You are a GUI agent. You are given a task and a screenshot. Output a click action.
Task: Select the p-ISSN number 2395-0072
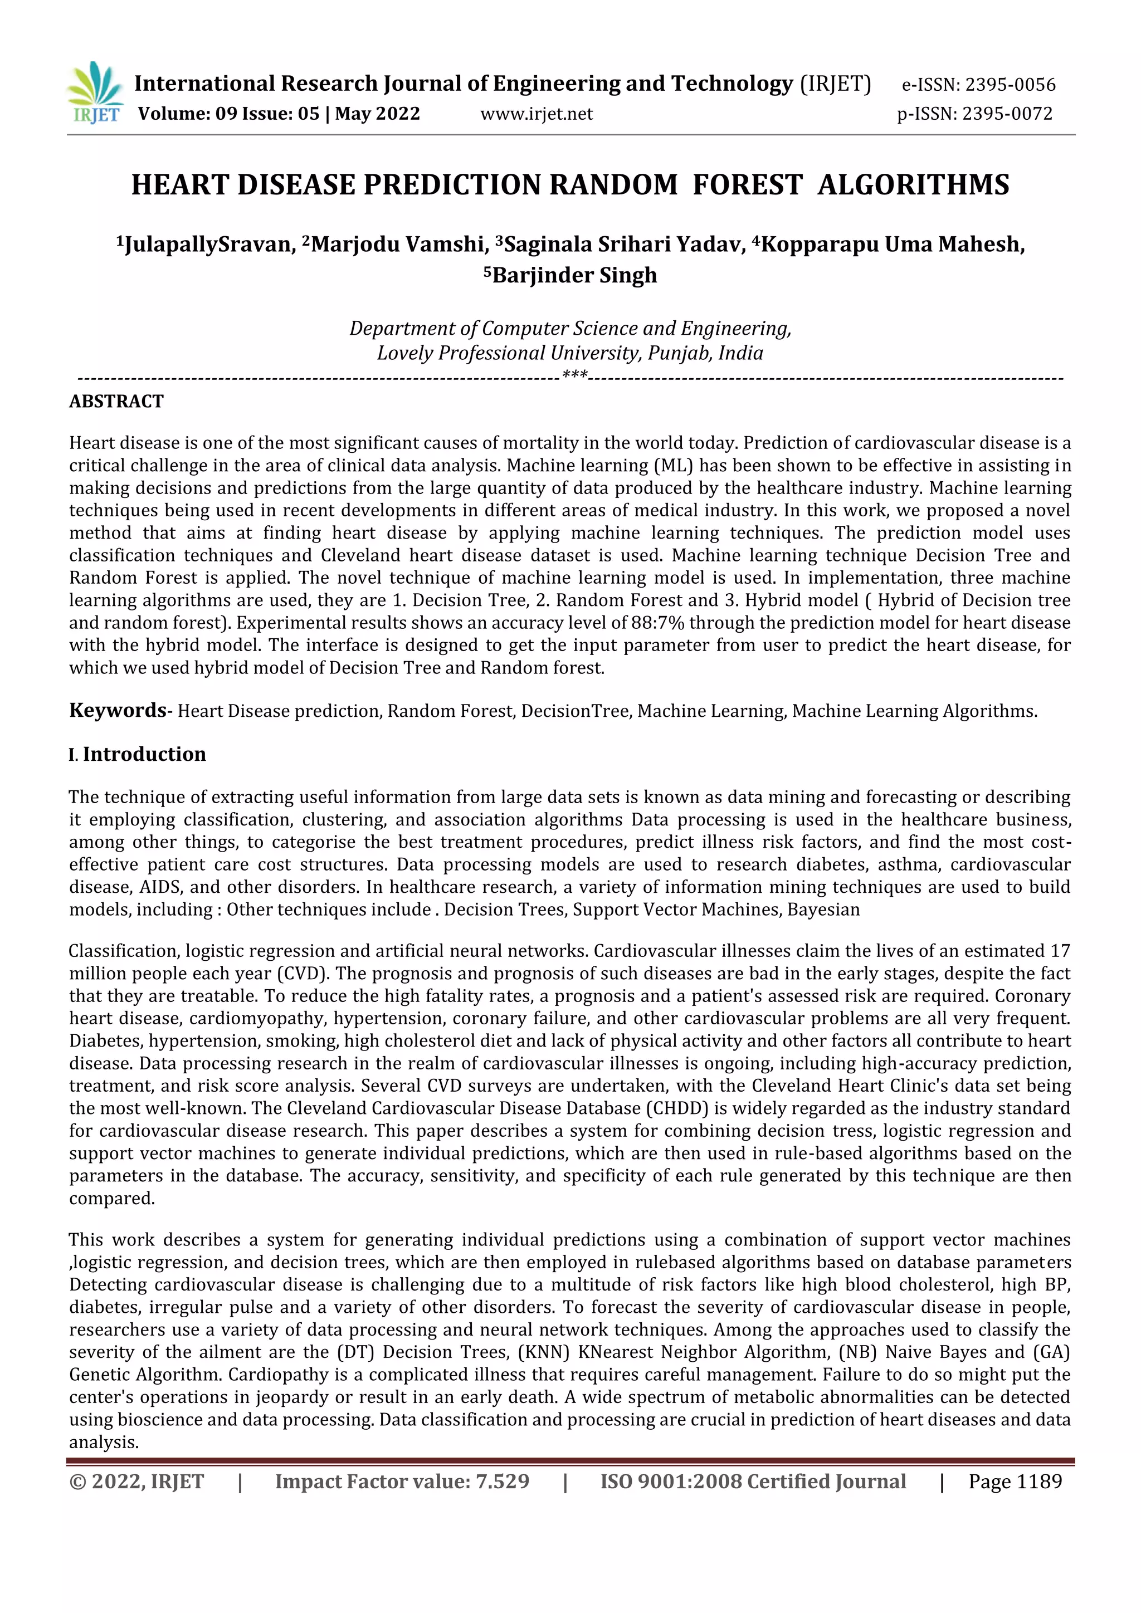click(x=1007, y=114)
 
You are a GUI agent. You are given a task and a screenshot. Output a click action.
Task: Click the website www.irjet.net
click(x=536, y=114)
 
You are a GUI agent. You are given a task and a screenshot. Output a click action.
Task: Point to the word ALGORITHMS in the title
click(x=913, y=185)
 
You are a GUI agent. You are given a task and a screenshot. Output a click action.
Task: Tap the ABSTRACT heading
click(x=116, y=401)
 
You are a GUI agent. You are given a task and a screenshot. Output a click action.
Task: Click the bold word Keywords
click(x=118, y=710)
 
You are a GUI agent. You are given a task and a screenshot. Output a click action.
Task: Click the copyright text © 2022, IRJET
click(x=137, y=1481)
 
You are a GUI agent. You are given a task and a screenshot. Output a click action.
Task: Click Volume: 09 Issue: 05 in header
click(x=228, y=114)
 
